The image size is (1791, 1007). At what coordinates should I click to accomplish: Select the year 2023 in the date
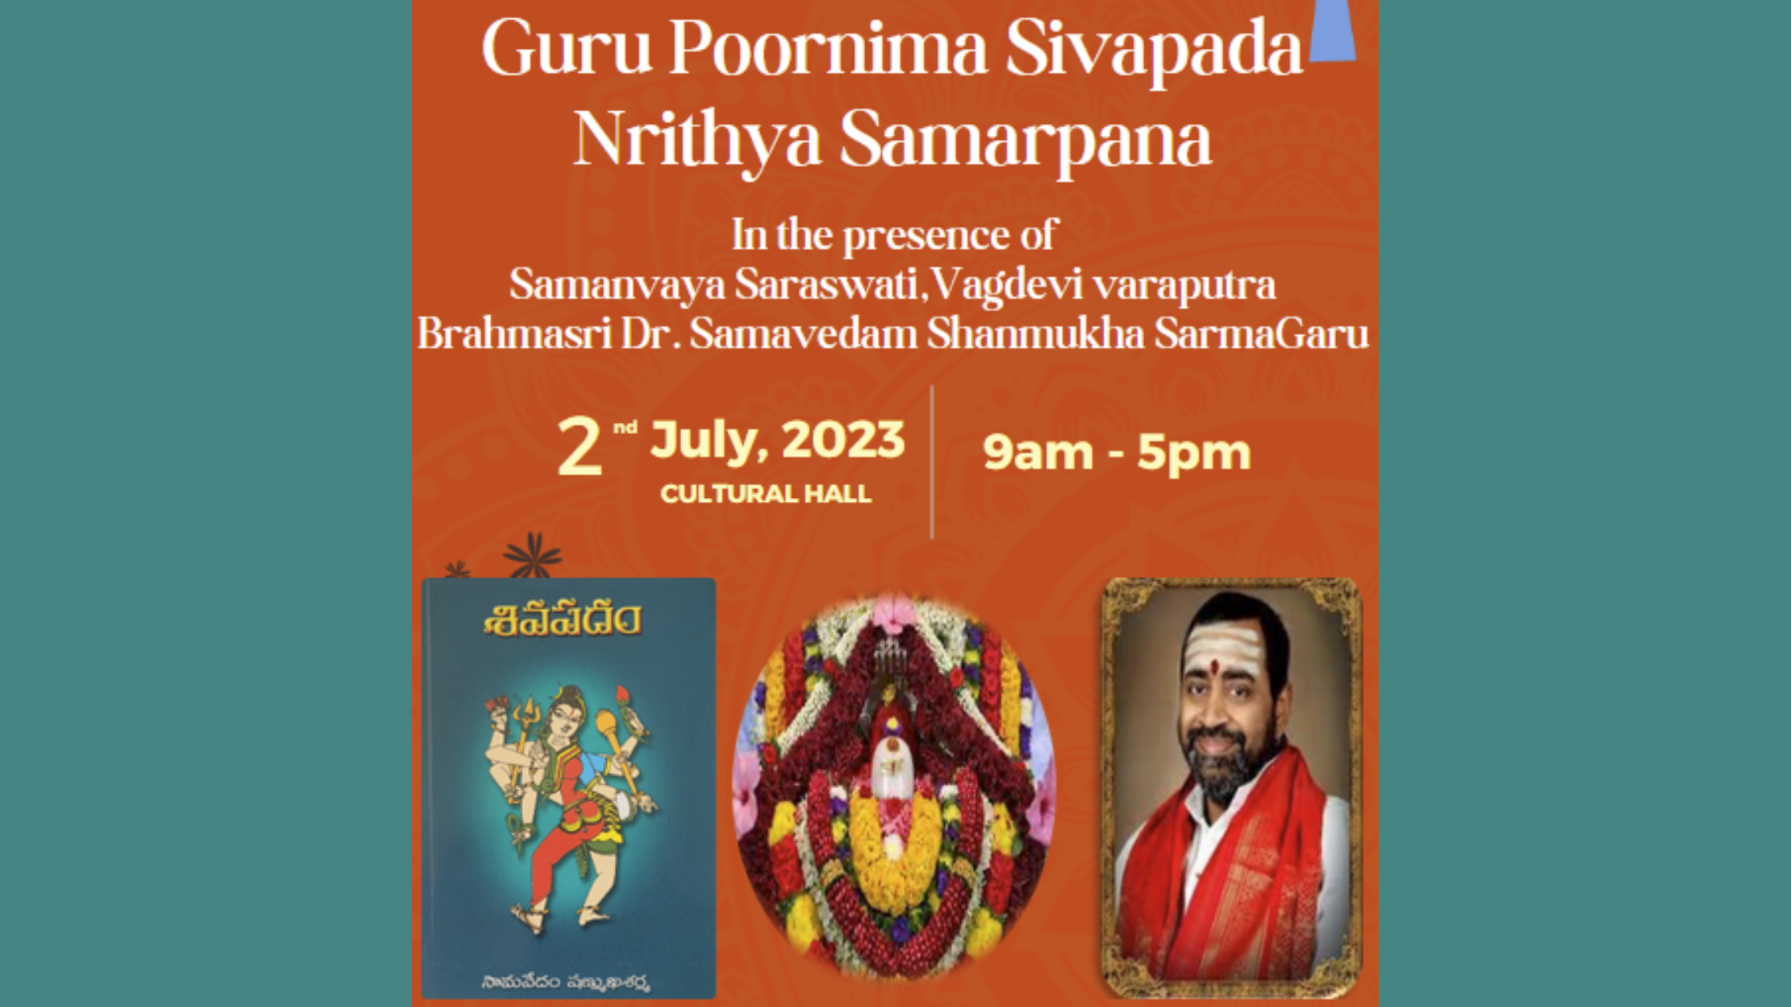(x=843, y=440)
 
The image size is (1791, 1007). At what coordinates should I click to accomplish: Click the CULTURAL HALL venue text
(x=765, y=494)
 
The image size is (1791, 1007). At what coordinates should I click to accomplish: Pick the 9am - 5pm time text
(x=1116, y=452)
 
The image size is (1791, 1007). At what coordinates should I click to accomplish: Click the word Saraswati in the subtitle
(x=830, y=284)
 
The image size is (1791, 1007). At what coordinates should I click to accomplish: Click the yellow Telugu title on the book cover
(x=563, y=621)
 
